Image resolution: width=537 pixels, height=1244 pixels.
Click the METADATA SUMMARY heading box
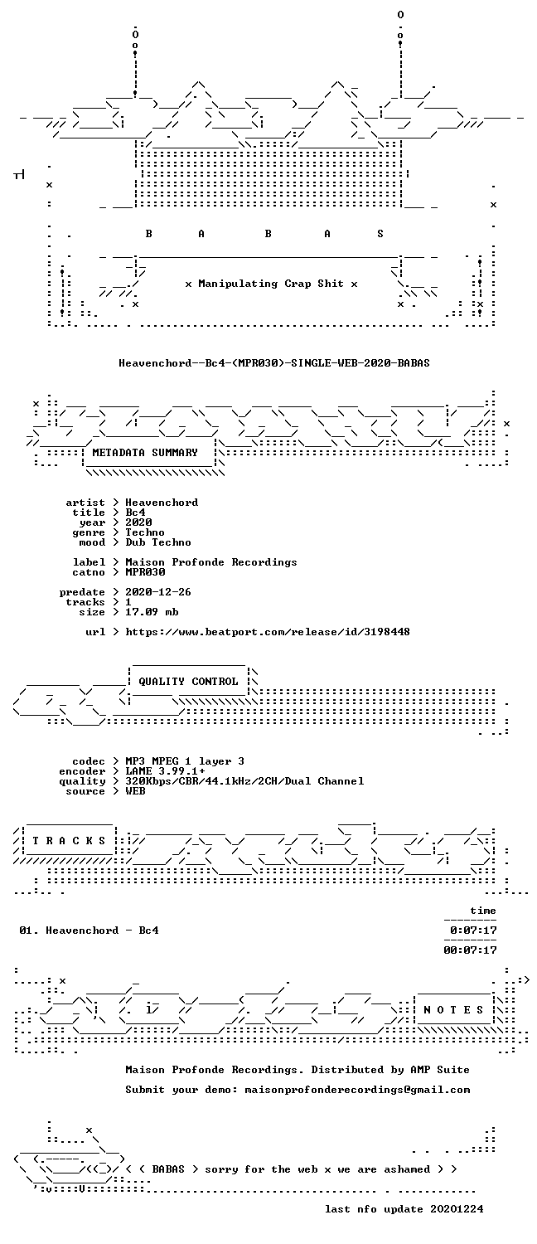tap(145, 453)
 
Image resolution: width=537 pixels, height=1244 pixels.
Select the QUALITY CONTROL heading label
tap(188, 682)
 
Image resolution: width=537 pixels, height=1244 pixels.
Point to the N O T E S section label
tap(453, 1009)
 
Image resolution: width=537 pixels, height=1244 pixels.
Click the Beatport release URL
tap(268, 632)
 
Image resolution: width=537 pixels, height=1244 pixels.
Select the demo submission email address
tap(357, 1090)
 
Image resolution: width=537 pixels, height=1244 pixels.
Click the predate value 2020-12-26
tap(158, 592)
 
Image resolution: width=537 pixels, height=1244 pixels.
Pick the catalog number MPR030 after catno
tap(145, 572)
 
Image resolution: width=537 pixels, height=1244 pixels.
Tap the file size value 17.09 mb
tap(152, 612)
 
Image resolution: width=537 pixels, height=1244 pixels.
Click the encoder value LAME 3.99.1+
tap(165, 771)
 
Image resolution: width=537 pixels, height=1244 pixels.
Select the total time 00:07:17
tap(470, 950)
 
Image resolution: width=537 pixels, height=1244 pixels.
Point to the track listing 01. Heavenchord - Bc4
tap(89, 931)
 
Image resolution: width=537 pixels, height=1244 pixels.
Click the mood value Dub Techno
tap(158, 542)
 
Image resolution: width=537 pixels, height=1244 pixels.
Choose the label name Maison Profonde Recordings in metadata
tap(210, 562)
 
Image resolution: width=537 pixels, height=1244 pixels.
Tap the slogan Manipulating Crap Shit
tap(271, 284)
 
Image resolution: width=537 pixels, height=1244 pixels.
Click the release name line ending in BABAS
tap(274, 363)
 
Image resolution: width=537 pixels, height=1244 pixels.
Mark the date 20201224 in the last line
tap(457, 1209)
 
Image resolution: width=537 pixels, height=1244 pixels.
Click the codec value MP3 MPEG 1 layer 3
tap(185, 761)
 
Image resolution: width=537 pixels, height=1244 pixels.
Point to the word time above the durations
tap(483, 911)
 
